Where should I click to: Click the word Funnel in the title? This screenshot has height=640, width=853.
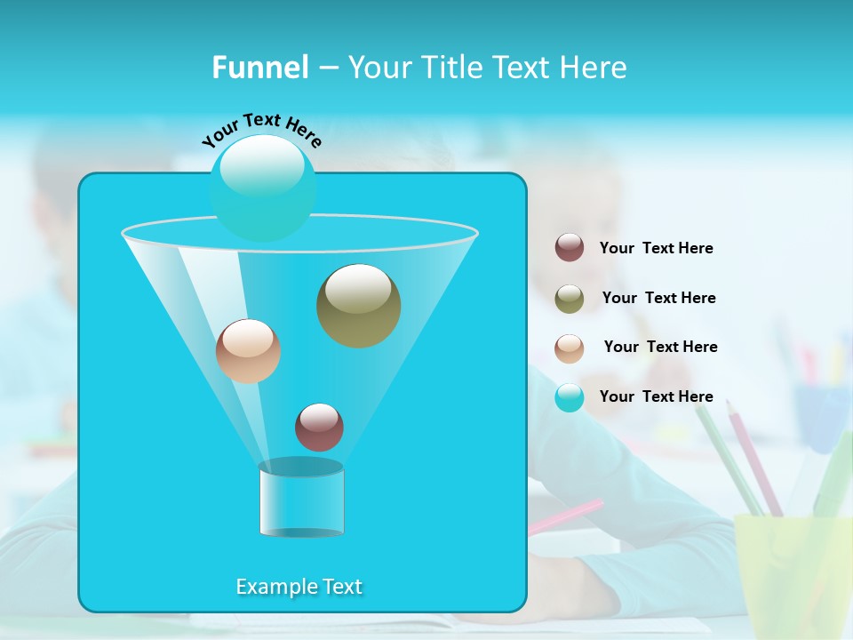(259, 68)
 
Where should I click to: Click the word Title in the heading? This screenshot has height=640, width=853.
(453, 68)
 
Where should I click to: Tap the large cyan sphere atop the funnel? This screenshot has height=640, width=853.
(263, 188)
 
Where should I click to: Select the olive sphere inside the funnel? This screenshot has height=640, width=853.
(358, 306)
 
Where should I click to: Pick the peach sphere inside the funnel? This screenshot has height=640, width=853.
(248, 351)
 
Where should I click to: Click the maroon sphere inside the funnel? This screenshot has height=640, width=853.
(319, 428)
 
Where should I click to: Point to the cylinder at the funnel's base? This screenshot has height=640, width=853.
(301, 500)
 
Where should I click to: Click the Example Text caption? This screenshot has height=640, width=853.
(299, 587)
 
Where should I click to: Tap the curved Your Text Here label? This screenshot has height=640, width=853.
(261, 128)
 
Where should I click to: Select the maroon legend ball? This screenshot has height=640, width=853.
(570, 248)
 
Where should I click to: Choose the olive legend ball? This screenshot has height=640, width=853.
(570, 298)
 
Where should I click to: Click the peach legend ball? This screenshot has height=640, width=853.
(570, 348)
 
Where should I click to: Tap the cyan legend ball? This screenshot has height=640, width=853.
(570, 397)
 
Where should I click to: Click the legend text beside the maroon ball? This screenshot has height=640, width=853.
(656, 248)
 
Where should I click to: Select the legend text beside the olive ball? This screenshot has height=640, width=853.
(658, 298)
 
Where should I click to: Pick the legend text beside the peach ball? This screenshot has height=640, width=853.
(660, 347)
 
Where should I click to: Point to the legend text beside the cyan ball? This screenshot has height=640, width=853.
(656, 396)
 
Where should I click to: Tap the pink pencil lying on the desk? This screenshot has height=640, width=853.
(565, 516)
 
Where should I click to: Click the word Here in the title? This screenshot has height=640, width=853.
(594, 68)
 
